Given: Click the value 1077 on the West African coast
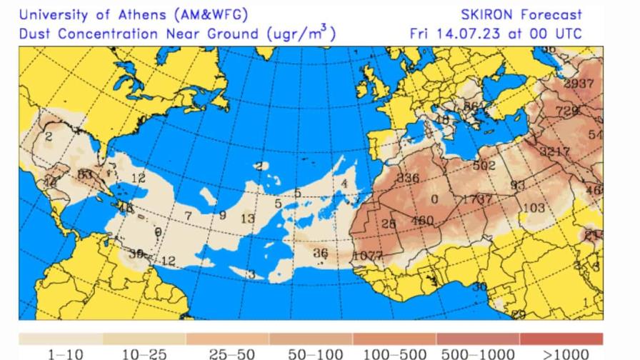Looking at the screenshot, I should click(368, 256).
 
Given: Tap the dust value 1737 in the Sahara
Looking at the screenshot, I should click(477, 199).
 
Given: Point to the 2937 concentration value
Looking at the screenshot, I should click(579, 84).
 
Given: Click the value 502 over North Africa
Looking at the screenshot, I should click(484, 165).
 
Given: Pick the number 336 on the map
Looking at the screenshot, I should click(407, 178).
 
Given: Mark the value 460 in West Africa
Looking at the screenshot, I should click(422, 221).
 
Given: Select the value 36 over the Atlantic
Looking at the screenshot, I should click(321, 253).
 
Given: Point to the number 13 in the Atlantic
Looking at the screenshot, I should click(247, 219).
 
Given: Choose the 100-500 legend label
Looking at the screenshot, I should click(395, 354).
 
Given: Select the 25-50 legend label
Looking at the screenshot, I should click(231, 354).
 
